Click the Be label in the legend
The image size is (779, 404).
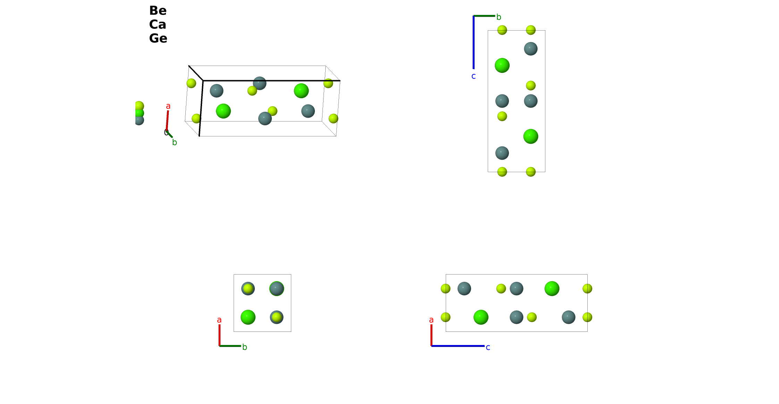coord(158,11)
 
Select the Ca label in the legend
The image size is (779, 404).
coord(158,25)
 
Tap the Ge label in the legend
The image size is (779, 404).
coord(158,39)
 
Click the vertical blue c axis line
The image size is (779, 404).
coord(474,42)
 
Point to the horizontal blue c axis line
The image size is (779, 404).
coord(458,346)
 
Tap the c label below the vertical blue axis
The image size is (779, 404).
coord(474,76)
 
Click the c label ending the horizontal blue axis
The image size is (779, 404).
coord(488,347)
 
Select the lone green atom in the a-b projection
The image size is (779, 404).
coord(248,317)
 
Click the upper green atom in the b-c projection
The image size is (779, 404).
coord(502,66)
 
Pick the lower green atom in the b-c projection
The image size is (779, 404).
coord(531,136)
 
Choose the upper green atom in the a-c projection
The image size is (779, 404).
coord(552,289)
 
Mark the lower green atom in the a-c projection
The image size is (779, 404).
coord(481,317)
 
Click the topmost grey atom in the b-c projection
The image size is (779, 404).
coord(531,49)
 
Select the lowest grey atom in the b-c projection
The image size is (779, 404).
coord(502,153)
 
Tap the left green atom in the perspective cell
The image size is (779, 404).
coord(223,111)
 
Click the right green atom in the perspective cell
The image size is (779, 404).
coord(301,91)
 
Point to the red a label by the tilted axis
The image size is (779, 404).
coord(168,106)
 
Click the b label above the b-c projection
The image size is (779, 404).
coord(499,17)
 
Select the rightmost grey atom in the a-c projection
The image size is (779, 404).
coord(569,317)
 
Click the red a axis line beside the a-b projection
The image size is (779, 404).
coord(219,335)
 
